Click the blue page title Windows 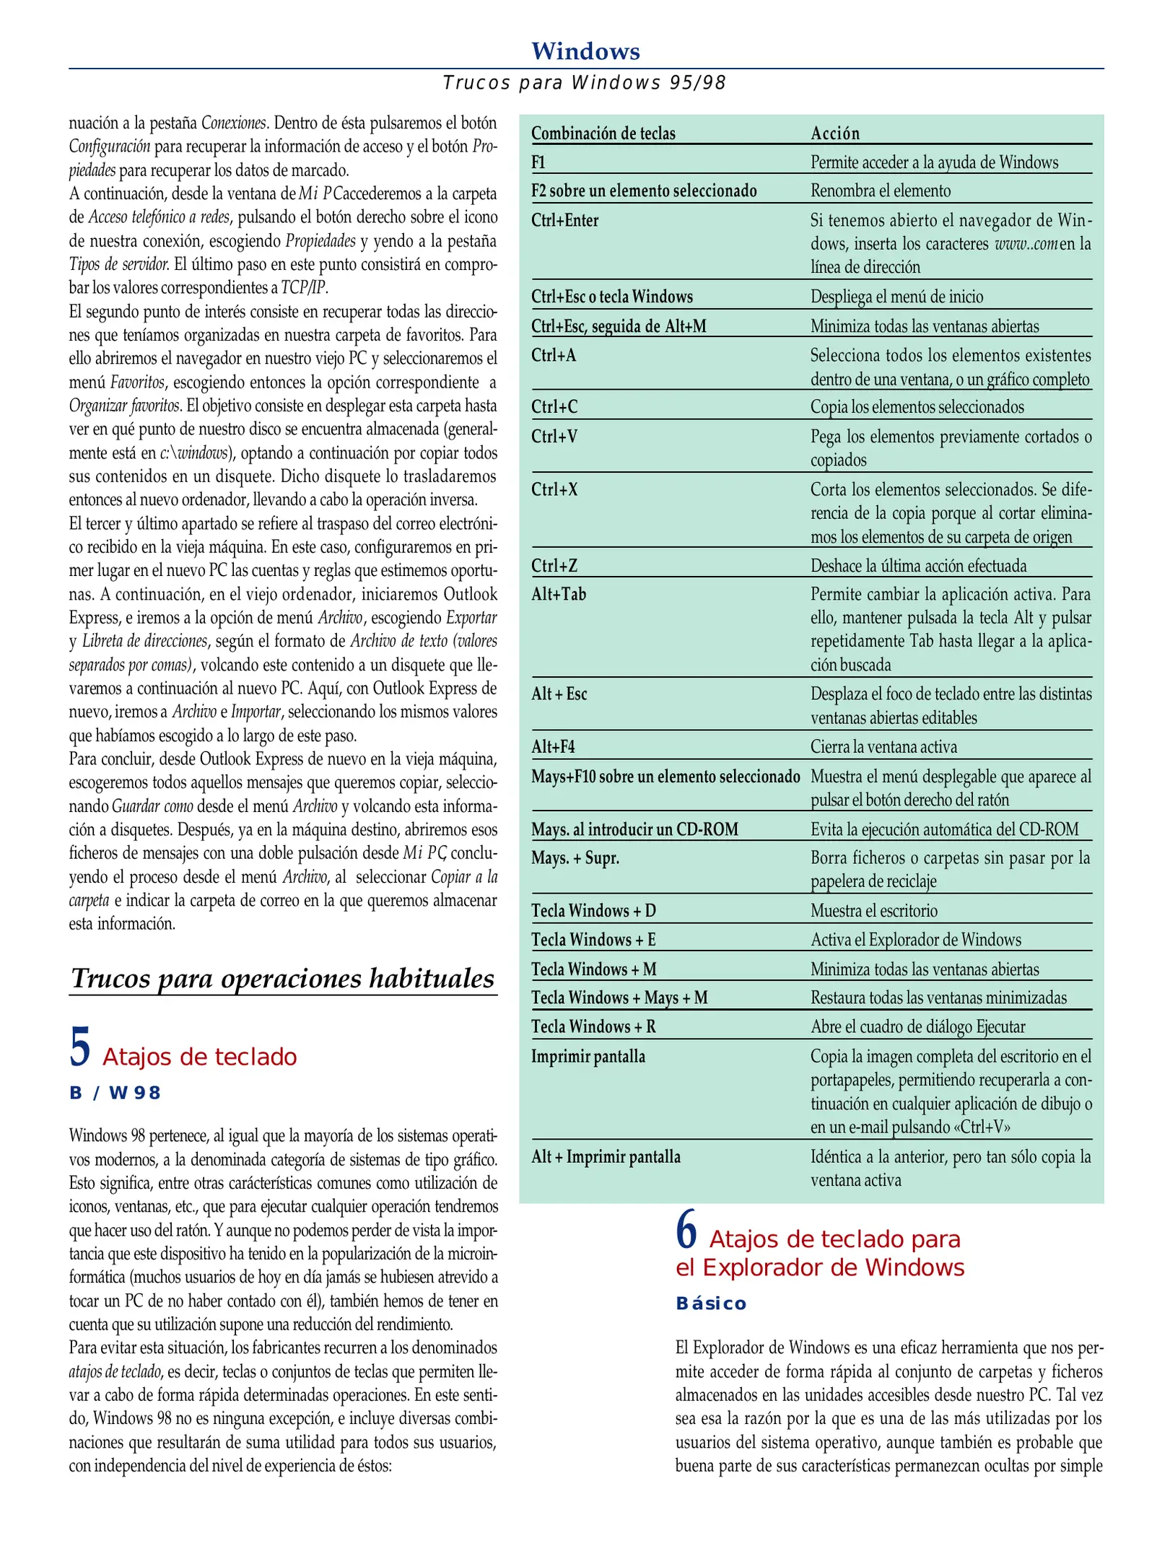(x=585, y=51)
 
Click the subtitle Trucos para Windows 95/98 (x=585, y=83)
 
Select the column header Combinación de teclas (x=603, y=134)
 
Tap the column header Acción (x=835, y=134)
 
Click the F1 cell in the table (x=538, y=162)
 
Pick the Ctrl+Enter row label (x=565, y=220)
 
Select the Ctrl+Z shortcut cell (x=554, y=565)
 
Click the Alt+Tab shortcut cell (x=559, y=594)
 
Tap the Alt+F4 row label (x=553, y=746)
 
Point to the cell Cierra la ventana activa (x=883, y=746)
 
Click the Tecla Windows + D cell (x=593, y=910)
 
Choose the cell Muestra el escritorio (x=873, y=910)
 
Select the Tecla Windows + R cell (x=593, y=1026)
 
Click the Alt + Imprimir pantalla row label (x=606, y=1156)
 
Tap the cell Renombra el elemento (x=881, y=191)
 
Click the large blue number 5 (x=80, y=1047)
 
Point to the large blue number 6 (x=686, y=1229)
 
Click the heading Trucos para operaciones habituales (x=283, y=978)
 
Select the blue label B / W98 (x=115, y=1093)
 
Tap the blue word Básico (x=711, y=1303)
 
